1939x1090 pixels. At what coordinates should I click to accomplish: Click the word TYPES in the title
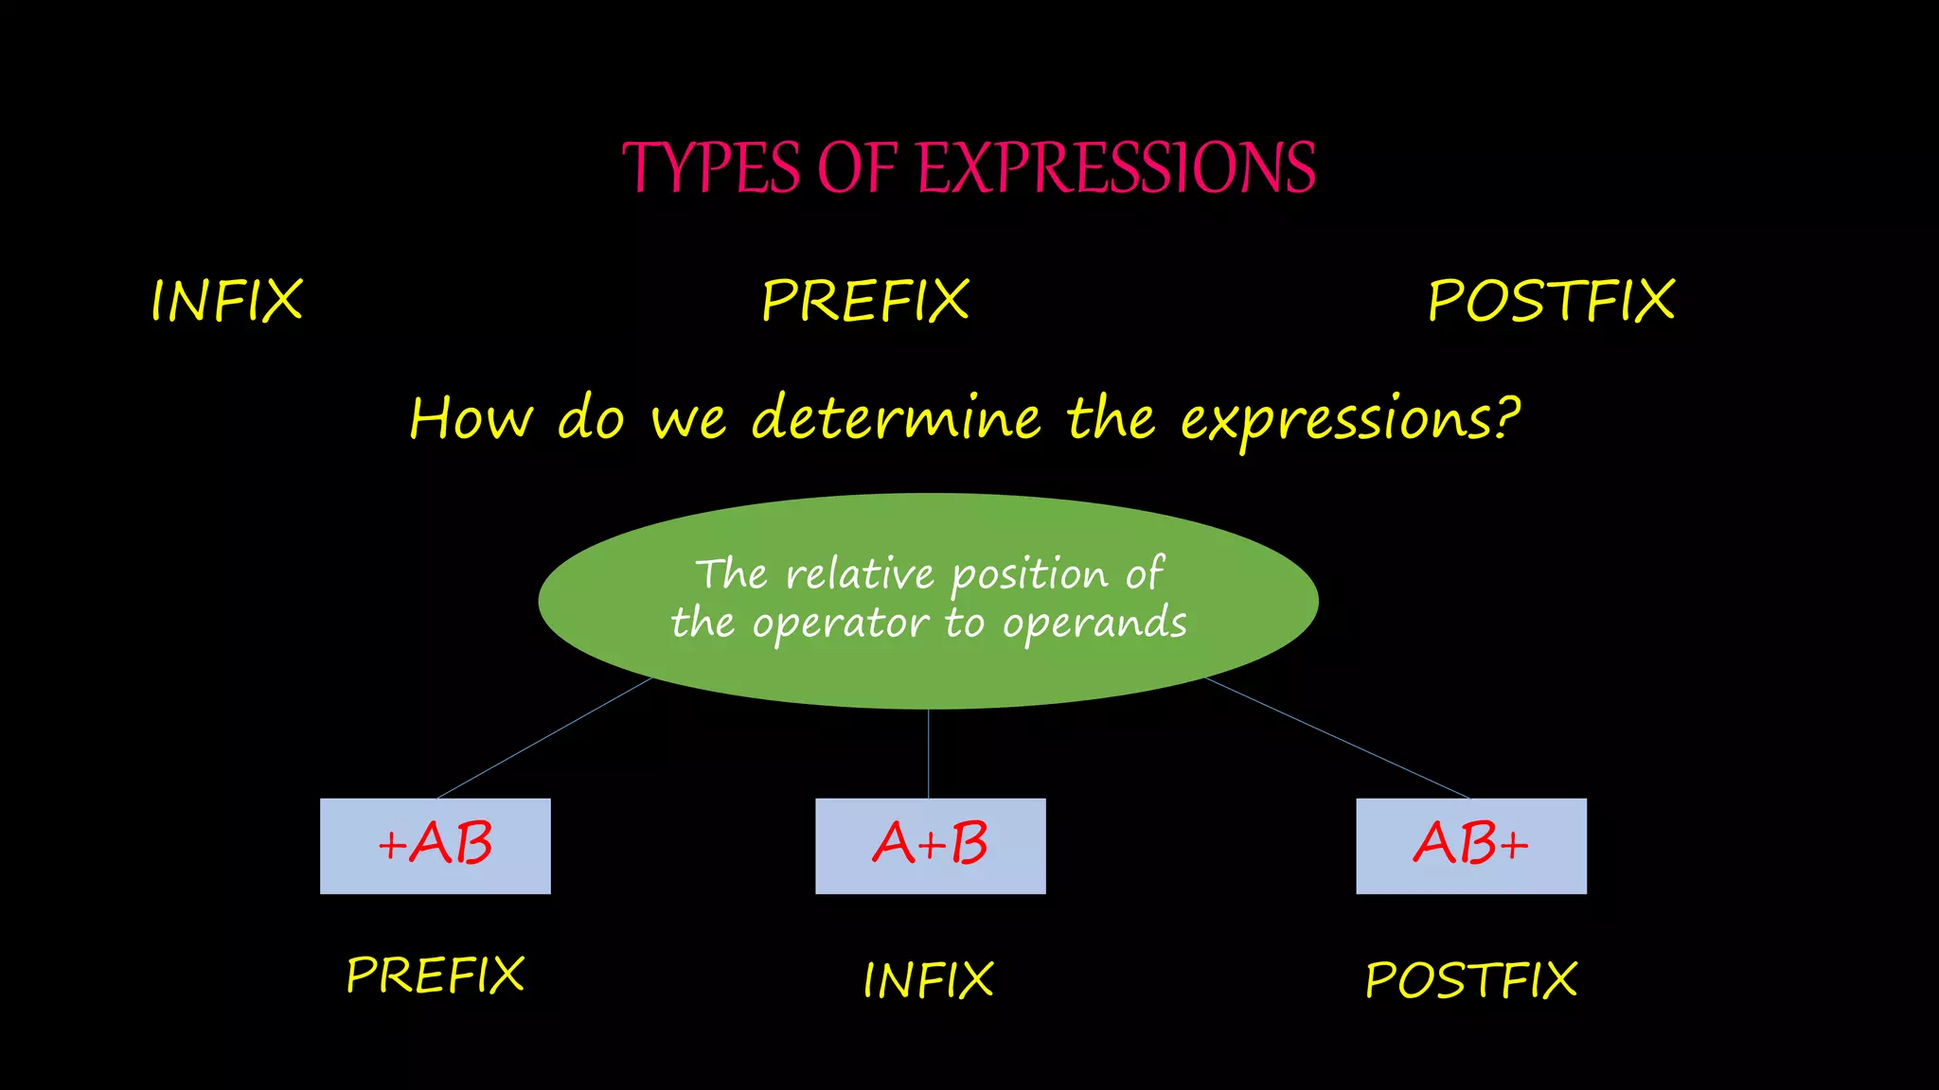tap(711, 168)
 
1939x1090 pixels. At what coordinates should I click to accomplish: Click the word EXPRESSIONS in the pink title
tap(1117, 168)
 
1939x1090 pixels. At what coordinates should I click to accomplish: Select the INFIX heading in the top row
tap(227, 301)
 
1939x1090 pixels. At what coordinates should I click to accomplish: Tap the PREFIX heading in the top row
tap(865, 301)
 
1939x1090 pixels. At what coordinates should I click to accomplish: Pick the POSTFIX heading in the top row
tap(1551, 301)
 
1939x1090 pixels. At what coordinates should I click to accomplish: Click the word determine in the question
tap(896, 418)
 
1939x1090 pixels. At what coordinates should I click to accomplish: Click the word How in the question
tap(471, 418)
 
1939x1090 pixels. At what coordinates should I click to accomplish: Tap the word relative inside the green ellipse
tap(860, 574)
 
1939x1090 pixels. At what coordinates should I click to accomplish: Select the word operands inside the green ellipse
tap(1094, 624)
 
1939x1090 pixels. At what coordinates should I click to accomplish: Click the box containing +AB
tap(436, 846)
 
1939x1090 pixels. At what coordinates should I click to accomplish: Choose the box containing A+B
tap(930, 846)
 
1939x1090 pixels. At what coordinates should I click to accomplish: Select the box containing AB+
tap(1471, 846)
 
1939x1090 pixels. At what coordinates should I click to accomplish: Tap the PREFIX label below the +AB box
tap(436, 975)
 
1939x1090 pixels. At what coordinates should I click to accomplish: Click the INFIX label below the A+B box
tap(928, 980)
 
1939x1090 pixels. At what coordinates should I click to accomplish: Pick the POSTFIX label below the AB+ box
tap(1471, 980)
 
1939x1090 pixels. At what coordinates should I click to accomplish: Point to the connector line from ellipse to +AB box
tap(544, 738)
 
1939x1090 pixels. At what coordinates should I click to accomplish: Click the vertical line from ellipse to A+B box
tap(929, 753)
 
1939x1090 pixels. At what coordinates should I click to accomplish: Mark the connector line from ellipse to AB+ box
tap(1337, 738)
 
